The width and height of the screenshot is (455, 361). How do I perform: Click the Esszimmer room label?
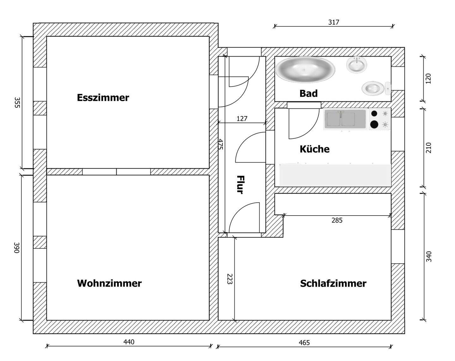coord(103,97)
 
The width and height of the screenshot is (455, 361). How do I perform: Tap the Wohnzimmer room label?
coord(109,283)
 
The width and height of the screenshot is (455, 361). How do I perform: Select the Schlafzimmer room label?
coord(333,283)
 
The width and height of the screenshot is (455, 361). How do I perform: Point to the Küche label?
coord(314,149)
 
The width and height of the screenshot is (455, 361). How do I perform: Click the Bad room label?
coord(308,93)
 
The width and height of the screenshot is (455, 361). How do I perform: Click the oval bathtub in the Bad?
coord(305,68)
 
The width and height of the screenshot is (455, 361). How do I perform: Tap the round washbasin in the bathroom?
coord(357,64)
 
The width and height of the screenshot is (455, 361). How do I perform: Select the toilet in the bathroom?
coord(374,88)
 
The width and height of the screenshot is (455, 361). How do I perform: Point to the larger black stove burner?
coord(374,125)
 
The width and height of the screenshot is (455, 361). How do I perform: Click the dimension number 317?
coord(333,22)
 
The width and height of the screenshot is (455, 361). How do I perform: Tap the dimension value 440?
coord(129,342)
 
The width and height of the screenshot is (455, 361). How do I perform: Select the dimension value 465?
coord(304,342)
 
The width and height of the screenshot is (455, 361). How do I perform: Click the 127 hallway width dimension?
coord(242,119)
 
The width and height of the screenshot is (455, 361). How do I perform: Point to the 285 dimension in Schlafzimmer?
coord(337,220)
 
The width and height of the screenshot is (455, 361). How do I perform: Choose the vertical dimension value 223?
coord(230,279)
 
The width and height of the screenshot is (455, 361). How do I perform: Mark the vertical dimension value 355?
coord(17,102)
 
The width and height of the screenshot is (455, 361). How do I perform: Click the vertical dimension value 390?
coord(17,248)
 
